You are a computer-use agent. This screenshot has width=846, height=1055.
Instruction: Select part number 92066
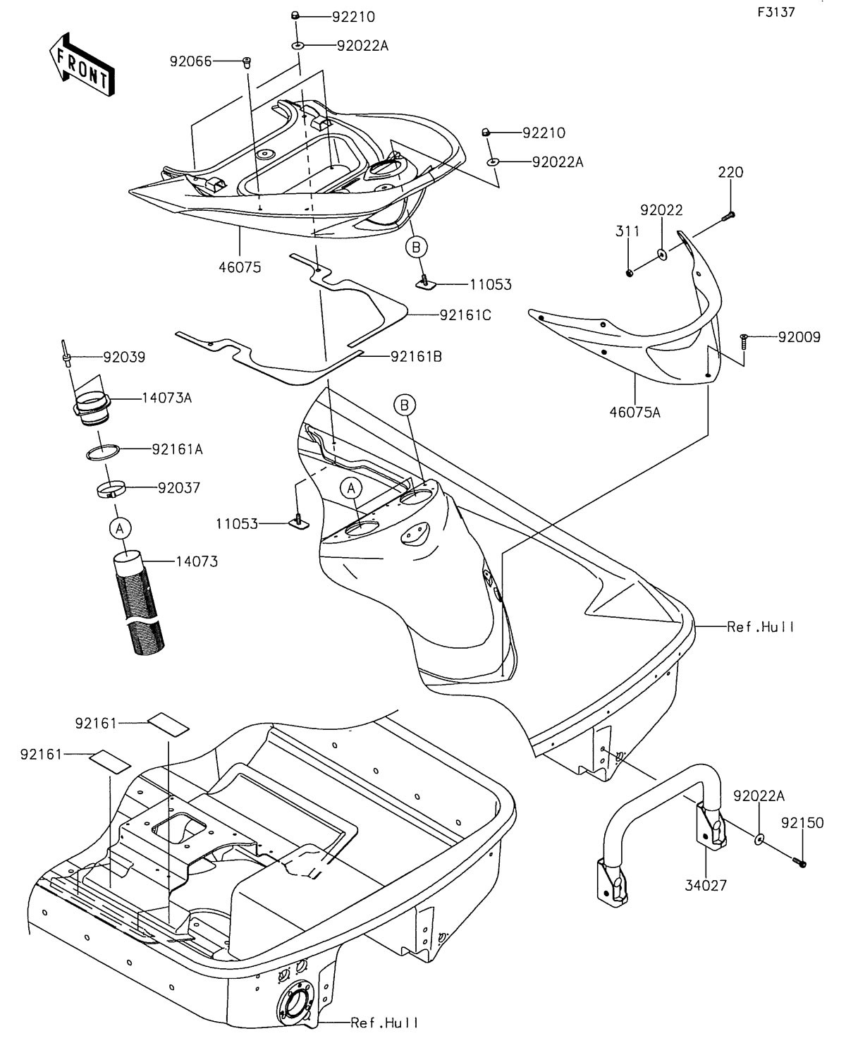[190, 61]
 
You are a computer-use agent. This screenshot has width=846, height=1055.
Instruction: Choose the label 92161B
[417, 357]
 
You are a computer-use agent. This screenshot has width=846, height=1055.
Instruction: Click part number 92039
[124, 358]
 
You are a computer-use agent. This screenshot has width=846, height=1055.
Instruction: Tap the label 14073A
[167, 398]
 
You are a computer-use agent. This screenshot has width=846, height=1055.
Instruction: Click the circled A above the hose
[120, 527]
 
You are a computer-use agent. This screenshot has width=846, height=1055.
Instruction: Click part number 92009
[799, 337]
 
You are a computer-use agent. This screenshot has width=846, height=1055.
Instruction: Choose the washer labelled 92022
[663, 252]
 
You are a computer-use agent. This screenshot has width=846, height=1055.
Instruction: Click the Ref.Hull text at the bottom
[384, 1023]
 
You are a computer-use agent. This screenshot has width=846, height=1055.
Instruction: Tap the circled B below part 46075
[416, 246]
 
